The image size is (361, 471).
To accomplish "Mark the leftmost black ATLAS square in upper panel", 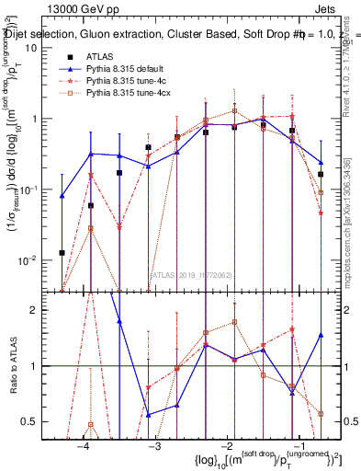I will click(62, 252).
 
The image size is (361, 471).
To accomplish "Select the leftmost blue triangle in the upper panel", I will click(62, 196).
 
